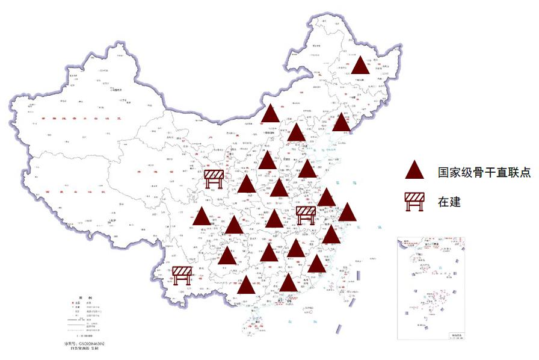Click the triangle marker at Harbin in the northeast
[x=360, y=66]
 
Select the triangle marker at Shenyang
[x=342, y=123]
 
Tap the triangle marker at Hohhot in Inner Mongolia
[x=271, y=113]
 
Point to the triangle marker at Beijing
[x=297, y=133]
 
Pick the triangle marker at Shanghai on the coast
[x=347, y=213]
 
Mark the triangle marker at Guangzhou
[x=289, y=283]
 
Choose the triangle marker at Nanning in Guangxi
[x=245, y=285]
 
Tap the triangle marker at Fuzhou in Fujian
[x=316, y=264]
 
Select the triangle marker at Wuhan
[x=274, y=220]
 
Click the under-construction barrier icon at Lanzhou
[x=214, y=179]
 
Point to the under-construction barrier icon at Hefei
[x=306, y=214]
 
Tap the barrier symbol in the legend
[x=414, y=202]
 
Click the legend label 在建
[x=449, y=202]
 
